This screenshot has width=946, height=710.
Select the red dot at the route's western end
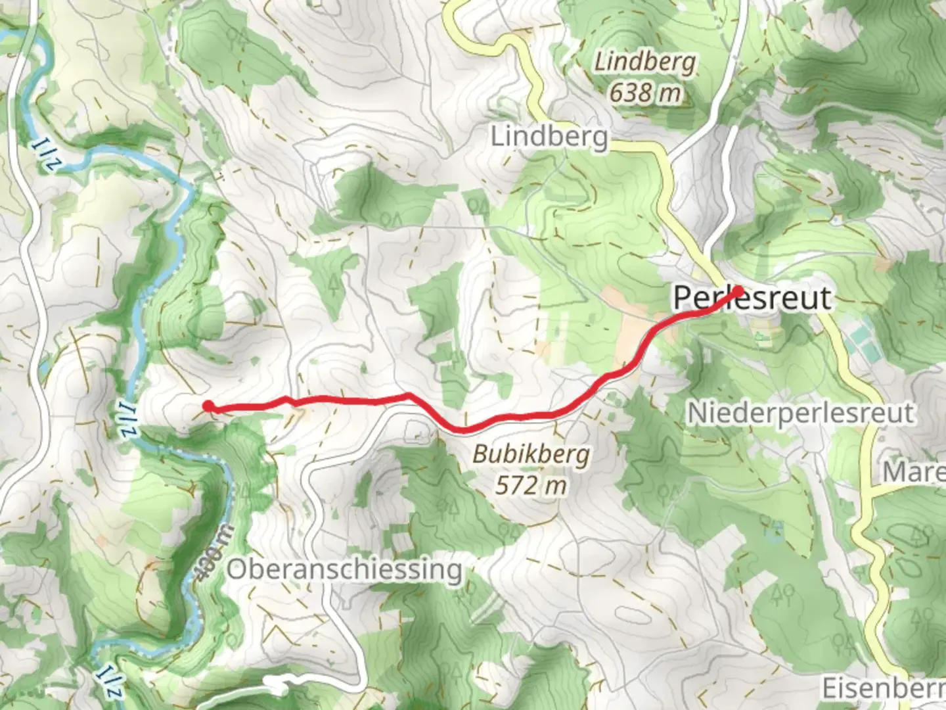click(x=208, y=406)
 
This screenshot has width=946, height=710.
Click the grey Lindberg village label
click(x=549, y=137)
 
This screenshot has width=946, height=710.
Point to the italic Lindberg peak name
click(x=644, y=63)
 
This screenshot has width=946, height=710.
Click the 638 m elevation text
click(x=644, y=93)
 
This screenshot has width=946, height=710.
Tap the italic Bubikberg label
click(x=531, y=454)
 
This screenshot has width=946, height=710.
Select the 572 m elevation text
click(x=531, y=485)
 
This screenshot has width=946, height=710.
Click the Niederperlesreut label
click(x=800, y=414)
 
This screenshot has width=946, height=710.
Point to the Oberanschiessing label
click(x=344, y=569)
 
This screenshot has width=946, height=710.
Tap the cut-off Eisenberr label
click(x=883, y=688)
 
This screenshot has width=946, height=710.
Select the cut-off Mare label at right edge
click(x=913, y=471)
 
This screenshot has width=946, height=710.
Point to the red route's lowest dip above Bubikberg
click(x=462, y=431)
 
